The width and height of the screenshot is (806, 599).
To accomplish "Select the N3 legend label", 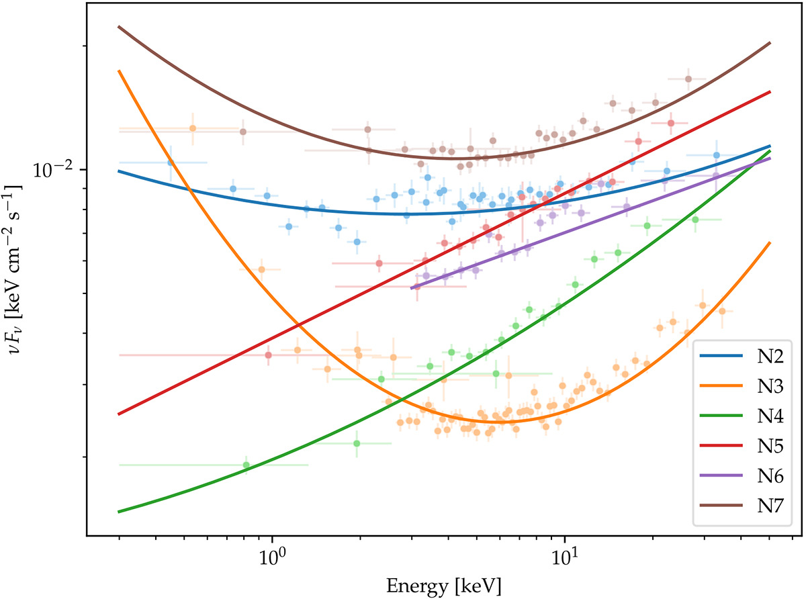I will [762, 387].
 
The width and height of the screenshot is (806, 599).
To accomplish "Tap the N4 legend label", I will [762, 416].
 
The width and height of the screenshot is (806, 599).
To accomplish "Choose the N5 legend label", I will [762, 445].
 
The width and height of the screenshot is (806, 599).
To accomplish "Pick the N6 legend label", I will [762, 474].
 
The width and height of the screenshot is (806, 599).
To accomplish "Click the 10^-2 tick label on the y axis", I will [52, 171].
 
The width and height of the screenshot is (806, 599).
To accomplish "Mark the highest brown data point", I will [688, 79].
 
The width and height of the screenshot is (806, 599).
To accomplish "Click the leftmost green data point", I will [247, 465].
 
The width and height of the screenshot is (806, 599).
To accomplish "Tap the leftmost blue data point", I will [171, 162].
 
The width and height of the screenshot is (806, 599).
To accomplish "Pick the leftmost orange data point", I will [193, 128].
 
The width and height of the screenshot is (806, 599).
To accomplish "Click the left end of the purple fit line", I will [411, 288].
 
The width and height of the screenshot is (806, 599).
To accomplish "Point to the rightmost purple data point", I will [717, 176].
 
